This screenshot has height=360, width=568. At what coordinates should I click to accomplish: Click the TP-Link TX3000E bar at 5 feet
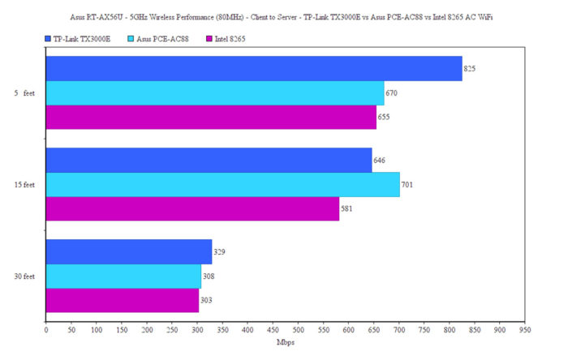pyautogui.click(x=253, y=69)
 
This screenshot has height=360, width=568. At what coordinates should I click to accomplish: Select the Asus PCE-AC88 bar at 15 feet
pyautogui.click(x=222, y=184)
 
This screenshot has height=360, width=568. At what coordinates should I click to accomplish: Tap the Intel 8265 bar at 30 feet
pyautogui.click(x=122, y=301)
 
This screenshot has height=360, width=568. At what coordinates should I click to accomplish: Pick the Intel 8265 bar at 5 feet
pyautogui.click(x=211, y=117)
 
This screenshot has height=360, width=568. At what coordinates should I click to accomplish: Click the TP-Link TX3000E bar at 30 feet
pyautogui.click(x=128, y=252)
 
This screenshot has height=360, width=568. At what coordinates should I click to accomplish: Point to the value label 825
pyautogui.click(x=469, y=69)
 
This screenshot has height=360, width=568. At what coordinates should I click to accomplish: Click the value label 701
pyautogui.click(x=407, y=185)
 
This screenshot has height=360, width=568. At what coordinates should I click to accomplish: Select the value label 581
pyautogui.click(x=346, y=209)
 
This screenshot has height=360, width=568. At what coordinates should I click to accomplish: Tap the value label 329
pyautogui.click(x=219, y=252)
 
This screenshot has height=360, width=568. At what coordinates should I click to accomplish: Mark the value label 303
pyautogui.click(x=206, y=301)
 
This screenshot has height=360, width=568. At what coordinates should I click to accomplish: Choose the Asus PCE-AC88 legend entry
pyautogui.click(x=167, y=38)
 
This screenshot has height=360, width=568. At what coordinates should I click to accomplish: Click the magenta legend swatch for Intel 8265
pyautogui.click(x=209, y=38)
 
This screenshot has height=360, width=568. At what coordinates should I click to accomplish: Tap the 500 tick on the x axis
pyautogui.click(x=298, y=330)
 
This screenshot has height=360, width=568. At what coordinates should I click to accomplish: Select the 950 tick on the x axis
pyautogui.click(x=525, y=330)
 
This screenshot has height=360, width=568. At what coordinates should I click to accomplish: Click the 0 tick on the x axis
pyautogui.click(x=45, y=330)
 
